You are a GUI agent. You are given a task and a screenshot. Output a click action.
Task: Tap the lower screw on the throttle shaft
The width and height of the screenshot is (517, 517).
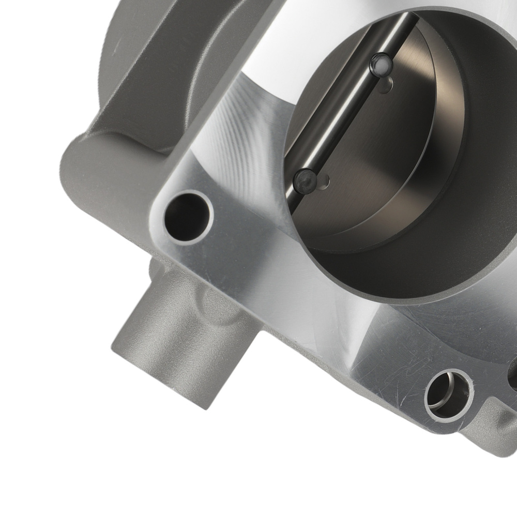point(306,179)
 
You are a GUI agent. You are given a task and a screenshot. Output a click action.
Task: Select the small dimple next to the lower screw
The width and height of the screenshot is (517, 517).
point(325,180)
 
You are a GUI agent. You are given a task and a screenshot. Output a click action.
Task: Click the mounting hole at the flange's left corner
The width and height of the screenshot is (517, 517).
point(188,217)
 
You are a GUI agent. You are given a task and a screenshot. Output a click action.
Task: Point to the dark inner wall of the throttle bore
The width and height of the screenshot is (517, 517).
point(465,217)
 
